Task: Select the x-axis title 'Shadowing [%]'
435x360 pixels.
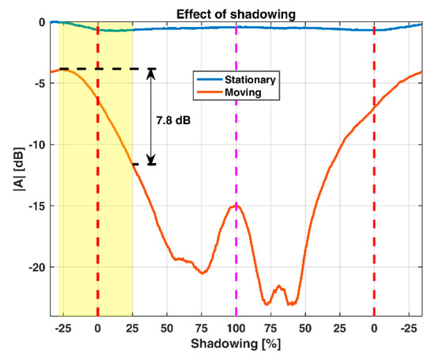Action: point(236,347)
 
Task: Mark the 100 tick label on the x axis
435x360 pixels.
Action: point(236,327)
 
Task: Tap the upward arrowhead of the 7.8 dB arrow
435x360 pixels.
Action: point(151,74)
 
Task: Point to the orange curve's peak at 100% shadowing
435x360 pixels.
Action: point(236,206)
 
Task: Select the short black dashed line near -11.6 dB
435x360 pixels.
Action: point(144,164)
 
